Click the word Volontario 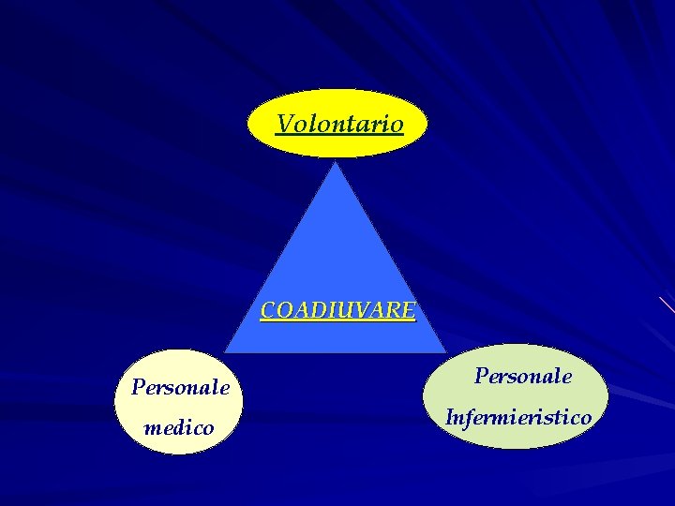(x=339, y=124)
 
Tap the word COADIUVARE (x=337, y=310)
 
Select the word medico (x=178, y=428)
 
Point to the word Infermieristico (x=518, y=417)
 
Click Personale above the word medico (x=180, y=386)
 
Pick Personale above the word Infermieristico (x=522, y=376)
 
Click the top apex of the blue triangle (x=336, y=163)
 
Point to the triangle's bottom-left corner (x=227, y=350)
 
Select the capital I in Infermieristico (x=450, y=417)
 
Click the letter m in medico (x=151, y=429)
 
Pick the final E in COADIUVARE (x=407, y=310)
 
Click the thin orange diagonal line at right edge (x=667, y=304)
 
